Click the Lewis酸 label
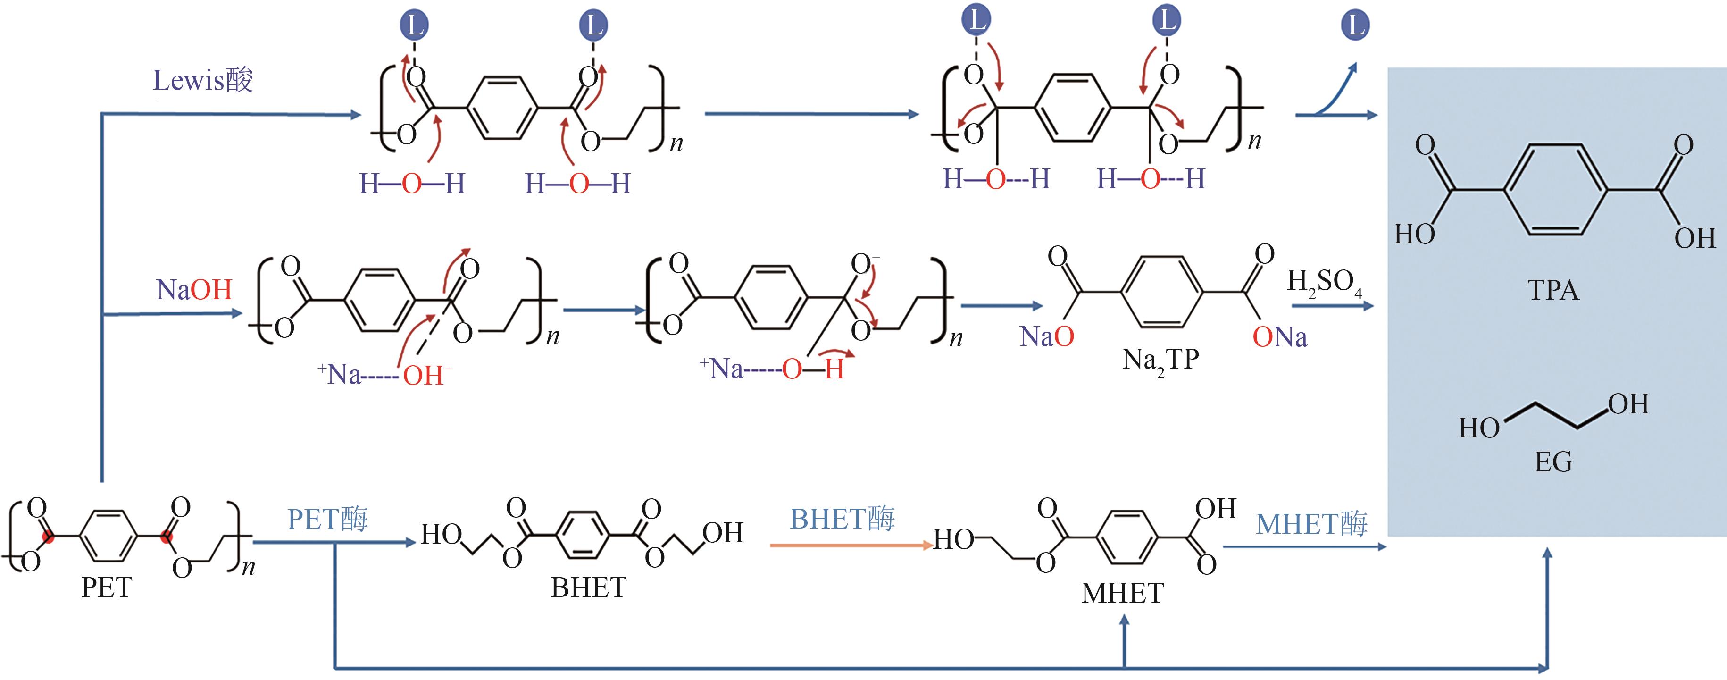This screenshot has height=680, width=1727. (x=202, y=81)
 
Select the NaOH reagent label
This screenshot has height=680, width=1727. (x=194, y=290)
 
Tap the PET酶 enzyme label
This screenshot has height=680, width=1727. (x=328, y=519)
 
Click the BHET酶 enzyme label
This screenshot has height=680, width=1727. (x=842, y=519)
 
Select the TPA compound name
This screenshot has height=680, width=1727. (x=1552, y=290)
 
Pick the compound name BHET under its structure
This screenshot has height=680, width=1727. (x=589, y=588)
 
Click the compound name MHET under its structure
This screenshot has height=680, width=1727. (x=1122, y=593)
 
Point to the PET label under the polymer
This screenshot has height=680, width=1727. (x=107, y=588)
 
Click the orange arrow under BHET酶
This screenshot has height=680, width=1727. (x=851, y=545)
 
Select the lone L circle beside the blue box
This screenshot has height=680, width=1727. (x=1355, y=25)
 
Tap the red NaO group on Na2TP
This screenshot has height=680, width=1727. (x=1046, y=336)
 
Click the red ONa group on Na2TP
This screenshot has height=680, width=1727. (x=1280, y=336)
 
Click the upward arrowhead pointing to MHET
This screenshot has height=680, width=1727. (x=1124, y=622)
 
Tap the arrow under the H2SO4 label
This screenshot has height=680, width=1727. (x=1333, y=306)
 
